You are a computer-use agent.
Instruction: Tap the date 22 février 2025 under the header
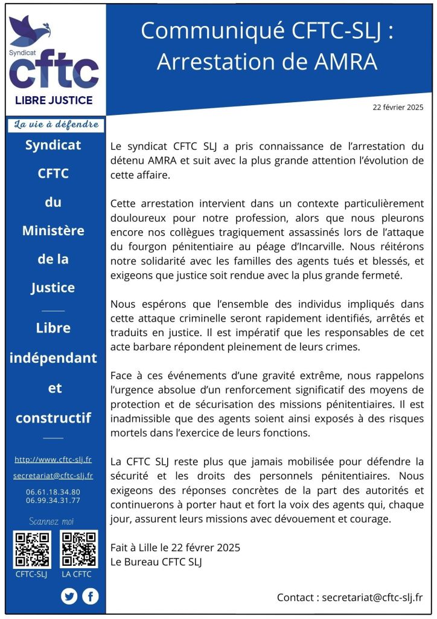[x=398, y=107]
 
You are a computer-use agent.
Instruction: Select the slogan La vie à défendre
[x=55, y=125]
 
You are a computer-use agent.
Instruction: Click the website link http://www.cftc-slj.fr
[x=54, y=459]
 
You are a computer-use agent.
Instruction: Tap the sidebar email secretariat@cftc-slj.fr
[x=54, y=476]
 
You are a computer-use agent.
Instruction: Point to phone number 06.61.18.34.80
[x=54, y=492]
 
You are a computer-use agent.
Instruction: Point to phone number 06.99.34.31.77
[x=54, y=501]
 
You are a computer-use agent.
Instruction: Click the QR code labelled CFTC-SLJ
[x=32, y=549]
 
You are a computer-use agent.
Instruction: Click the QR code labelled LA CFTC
[x=78, y=549]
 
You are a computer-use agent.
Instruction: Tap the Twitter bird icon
[x=69, y=597]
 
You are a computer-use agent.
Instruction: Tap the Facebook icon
[x=91, y=597]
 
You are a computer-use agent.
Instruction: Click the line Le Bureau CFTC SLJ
[x=156, y=562]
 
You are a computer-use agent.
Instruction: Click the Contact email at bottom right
[x=372, y=597]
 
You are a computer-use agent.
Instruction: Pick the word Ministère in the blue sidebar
[x=54, y=230]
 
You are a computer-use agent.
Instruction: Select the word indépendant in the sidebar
[x=54, y=358]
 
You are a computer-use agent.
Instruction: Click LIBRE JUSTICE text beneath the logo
[x=54, y=100]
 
